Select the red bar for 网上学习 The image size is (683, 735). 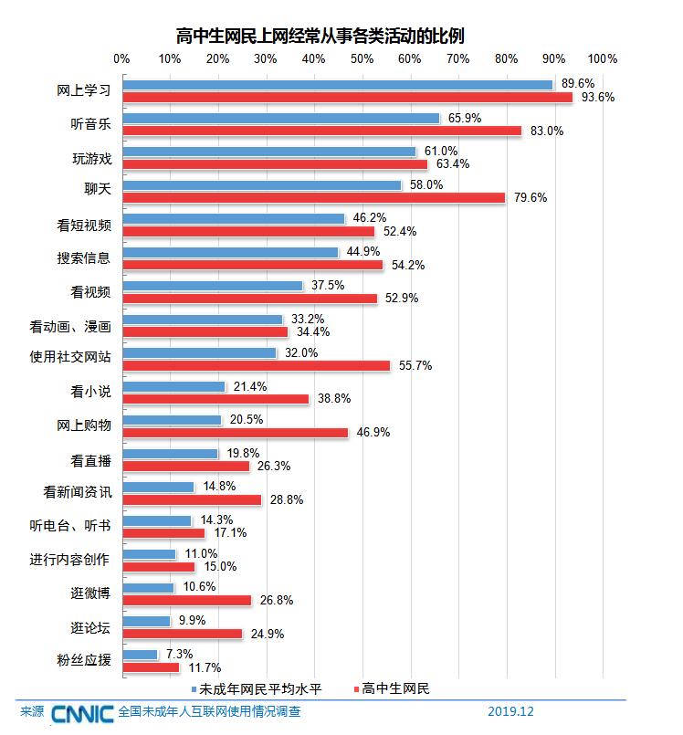pyautogui.click(x=347, y=97)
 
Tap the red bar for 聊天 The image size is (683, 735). pyautogui.click(x=313, y=197)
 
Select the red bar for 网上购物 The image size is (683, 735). pyautogui.click(x=235, y=432)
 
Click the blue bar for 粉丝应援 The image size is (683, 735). pyautogui.click(x=140, y=655)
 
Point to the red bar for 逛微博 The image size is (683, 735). pyautogui.click(x=186, y=600)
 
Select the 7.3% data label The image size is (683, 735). pyautogui.click(x=180, y=655)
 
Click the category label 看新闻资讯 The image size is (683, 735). pyautogui.click(x=78, y=492)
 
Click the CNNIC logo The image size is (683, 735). pyautogui.click(x=82, y=712)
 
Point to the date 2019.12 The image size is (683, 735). pyautogui.click(x=510, y=711)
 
